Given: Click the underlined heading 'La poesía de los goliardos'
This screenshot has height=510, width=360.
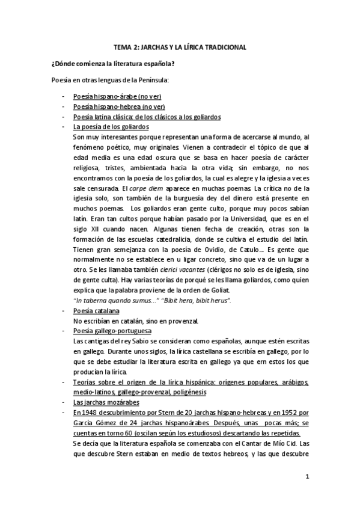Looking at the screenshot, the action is pyautogui.click(x=111, y=127).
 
